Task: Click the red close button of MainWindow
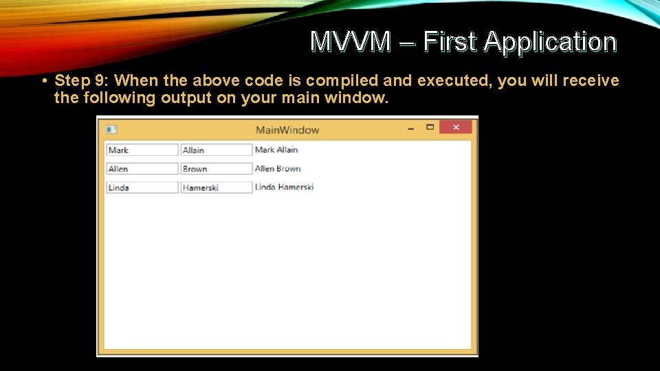(455, 127)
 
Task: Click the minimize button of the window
(410, 127)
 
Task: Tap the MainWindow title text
(287, 130)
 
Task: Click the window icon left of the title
(111, 130)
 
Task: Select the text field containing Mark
(142, 150)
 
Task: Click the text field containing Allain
(217, 150)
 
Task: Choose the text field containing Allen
(142, 168)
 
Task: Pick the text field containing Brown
(217, 168)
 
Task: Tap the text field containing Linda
(142, 187)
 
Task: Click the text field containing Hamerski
(217, 187)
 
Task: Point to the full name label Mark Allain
(276, 150)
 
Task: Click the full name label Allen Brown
(278, 168)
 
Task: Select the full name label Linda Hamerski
(284, 187)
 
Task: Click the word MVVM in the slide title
(350, 42)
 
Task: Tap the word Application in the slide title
(550, 42)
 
